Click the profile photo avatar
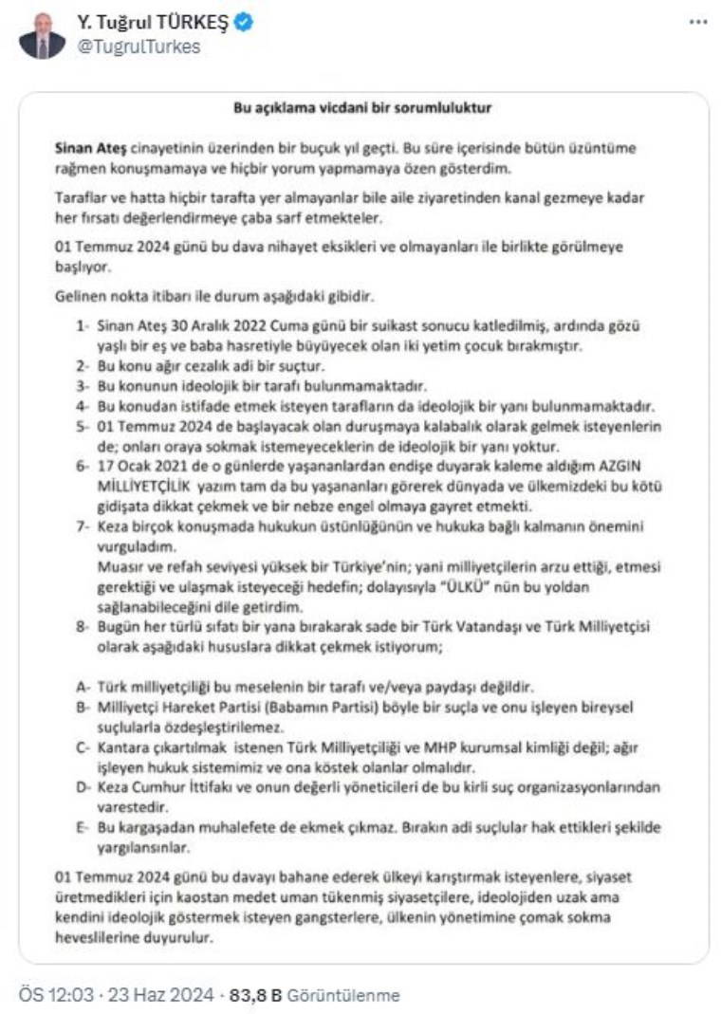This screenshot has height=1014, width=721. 43,35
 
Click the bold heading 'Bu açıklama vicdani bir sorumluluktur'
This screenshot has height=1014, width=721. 362,108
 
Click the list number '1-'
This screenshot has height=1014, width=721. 84,325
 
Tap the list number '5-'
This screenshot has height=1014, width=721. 84,427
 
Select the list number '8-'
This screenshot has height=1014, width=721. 84,626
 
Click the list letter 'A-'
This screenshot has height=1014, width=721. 84,685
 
